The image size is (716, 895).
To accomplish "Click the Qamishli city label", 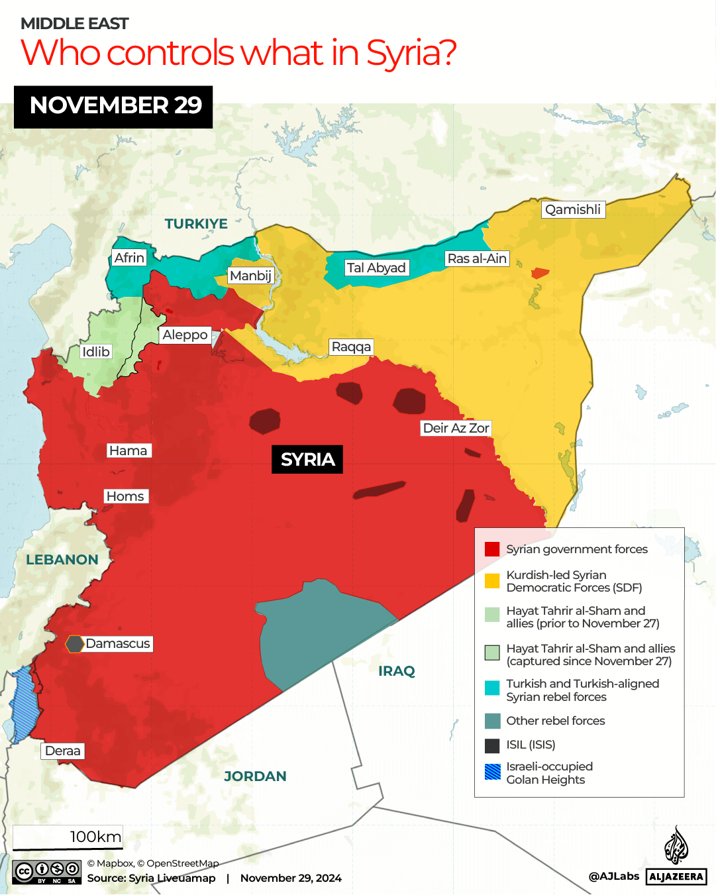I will [x=573, y=210].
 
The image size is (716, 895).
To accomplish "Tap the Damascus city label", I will [x=118, y=644].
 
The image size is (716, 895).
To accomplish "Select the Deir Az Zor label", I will [x=456, y=429].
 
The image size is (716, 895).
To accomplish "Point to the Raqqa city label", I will [x=351, y=347].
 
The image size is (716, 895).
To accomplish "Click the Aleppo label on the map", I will [x=185, y=335].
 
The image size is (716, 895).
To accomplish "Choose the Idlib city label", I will [x=95, y=352].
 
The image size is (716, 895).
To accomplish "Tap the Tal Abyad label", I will [x=376, y=268].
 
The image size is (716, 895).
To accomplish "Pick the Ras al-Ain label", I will [x=477, y=259].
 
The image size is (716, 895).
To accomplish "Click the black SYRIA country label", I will [x=307, y=460].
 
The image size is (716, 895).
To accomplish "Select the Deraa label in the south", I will [x=63, y=751].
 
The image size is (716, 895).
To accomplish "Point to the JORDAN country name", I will [x=255, y=776].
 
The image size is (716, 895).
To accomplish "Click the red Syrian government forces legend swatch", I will [x=492, y=549].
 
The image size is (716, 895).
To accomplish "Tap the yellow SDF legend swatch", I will [x=492, y=581].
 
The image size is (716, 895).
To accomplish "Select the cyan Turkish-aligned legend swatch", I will [x=492, y=688].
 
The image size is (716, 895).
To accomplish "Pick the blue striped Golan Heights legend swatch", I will [x=492, y=772].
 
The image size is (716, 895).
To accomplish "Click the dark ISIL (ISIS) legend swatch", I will [x=492, y=745].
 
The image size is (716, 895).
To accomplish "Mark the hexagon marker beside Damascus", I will [x=74, y=644].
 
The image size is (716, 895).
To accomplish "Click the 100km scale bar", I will [x=68, y=838].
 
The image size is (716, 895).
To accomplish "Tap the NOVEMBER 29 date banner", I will [x=113, y=107].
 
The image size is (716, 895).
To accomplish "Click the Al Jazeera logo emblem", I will [x=676, y=845].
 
